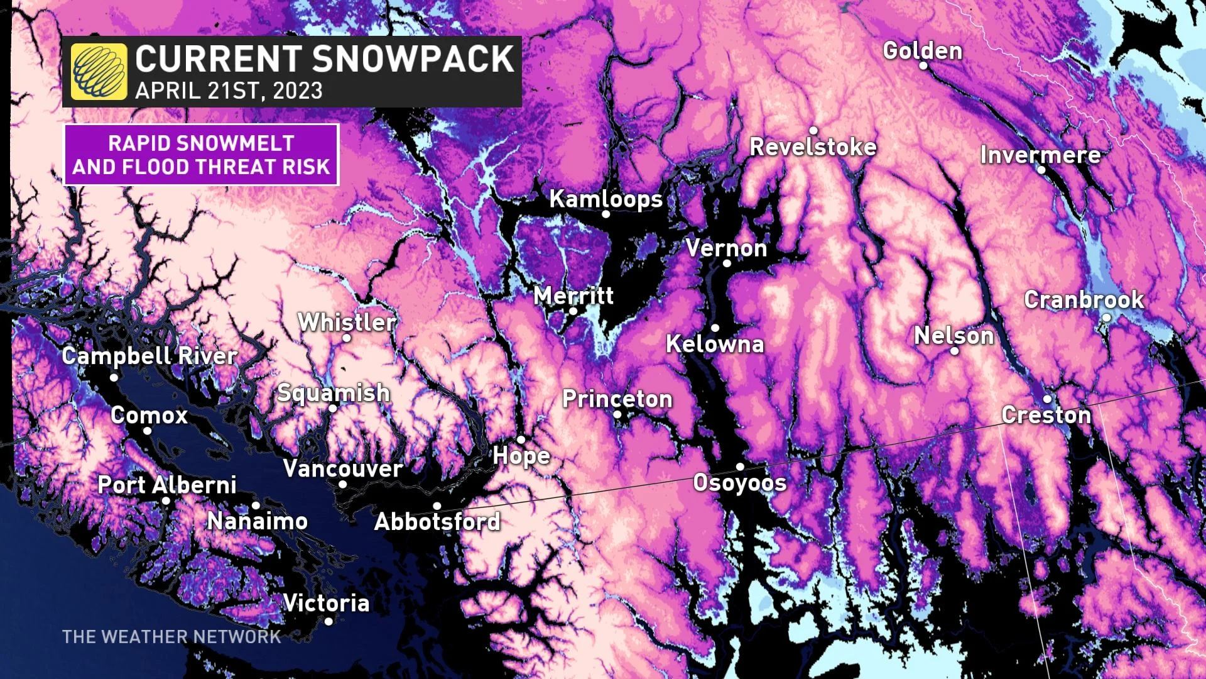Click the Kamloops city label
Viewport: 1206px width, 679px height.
pos(606,199)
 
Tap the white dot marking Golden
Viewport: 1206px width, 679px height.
pos(923,65)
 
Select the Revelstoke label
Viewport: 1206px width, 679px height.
pos(813,147)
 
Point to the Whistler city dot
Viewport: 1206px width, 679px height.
pos(346,338)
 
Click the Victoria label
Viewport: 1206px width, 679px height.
pos(326,603)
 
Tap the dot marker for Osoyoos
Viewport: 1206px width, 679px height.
pos(740,466)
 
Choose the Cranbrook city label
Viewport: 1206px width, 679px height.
pos(1084,300)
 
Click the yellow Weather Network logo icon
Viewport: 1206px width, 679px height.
pos(99,72)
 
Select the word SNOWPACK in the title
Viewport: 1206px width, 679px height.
pos(413,59)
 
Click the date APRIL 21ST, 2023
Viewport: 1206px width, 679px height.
pos(229,91)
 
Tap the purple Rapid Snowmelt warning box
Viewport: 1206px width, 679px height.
pos(201,155)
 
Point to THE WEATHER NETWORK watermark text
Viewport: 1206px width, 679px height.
pos(171,637)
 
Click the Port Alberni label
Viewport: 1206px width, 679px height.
pos(167,485)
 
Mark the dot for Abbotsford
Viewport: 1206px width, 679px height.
pos(437,506)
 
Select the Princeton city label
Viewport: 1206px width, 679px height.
pos(617,399)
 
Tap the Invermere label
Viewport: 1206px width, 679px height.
pos(1040,155)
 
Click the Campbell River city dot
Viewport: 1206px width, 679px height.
pos(114,378)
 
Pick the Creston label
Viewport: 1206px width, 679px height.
pos(1046,415)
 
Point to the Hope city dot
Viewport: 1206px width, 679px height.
pos(521,439)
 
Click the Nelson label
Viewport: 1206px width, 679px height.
pos(953,336)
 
